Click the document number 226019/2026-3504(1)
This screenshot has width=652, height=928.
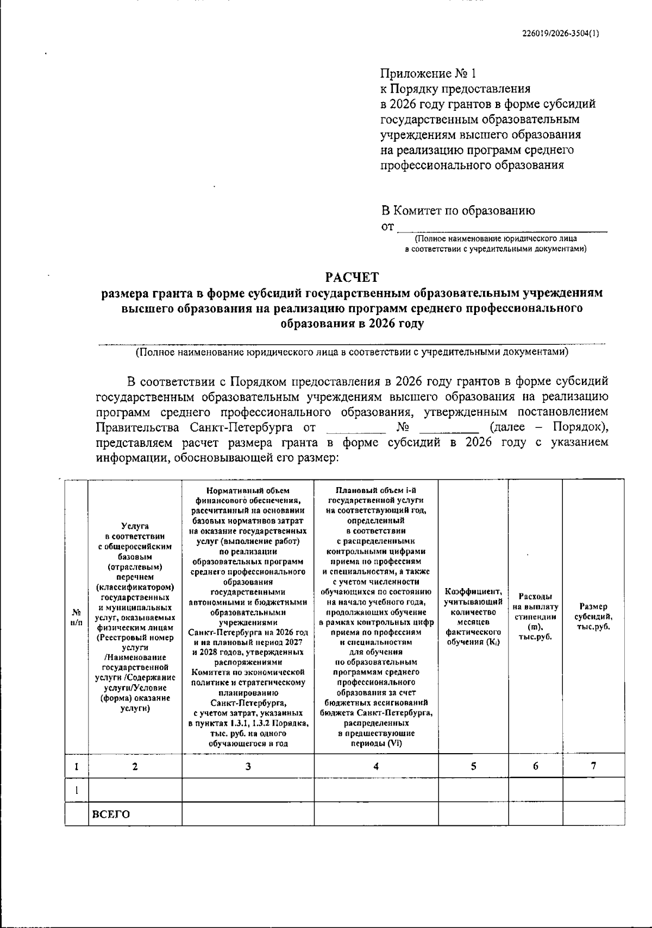pos(561,33)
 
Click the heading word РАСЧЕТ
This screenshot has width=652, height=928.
pos(352,277)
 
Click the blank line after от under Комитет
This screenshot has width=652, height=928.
pos(503,228)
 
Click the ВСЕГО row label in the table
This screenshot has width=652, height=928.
pos(111,814)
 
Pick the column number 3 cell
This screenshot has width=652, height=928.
pos(248,766)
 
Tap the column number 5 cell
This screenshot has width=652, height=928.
pos(473,766)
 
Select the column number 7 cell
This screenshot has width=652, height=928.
pos(593,766)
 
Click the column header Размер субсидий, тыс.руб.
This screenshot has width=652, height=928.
pos(593,616)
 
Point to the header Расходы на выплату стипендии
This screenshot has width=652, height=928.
pos(535,616)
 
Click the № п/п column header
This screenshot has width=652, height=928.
pos(77,616)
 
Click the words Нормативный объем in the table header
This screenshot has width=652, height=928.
pos(248,490)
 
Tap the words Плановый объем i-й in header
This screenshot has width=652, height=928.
pos(376,490)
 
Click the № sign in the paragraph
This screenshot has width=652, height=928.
pos(403,427)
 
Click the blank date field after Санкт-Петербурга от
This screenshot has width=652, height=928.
pos(352,429)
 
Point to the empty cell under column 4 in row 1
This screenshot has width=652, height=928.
pos(376,790)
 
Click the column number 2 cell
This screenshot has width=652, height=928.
pos(135,766)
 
